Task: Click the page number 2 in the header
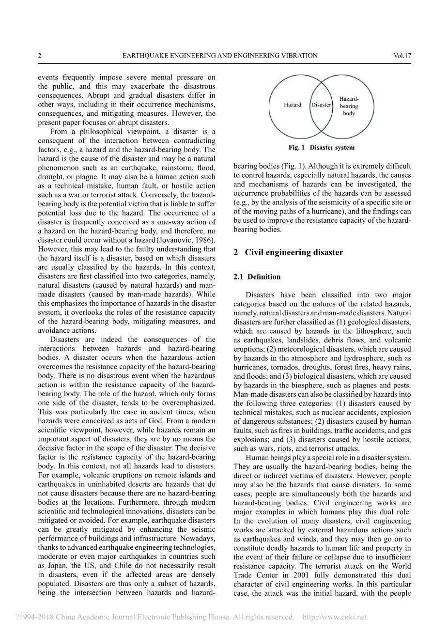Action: pos(40,56)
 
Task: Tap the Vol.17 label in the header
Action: pos(402,56)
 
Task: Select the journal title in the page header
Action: pos(220,56)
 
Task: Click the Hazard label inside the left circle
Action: pos(293,105)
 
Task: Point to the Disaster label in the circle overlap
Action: pos(321,105)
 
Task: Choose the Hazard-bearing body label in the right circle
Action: pos(349,106)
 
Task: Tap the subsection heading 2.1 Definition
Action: pos(257,277)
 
